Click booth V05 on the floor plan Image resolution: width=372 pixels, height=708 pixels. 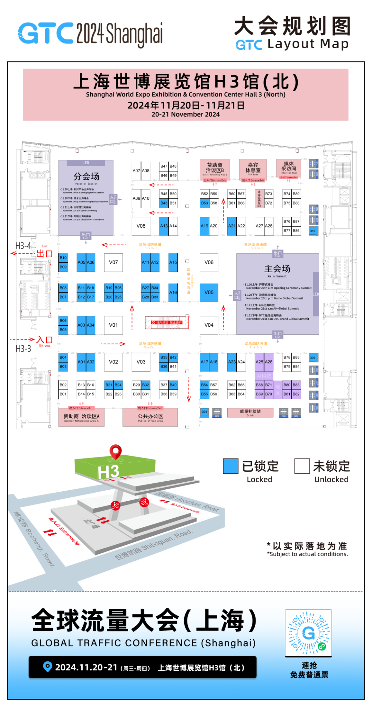coord(209,293)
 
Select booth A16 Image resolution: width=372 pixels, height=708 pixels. coord(173,293)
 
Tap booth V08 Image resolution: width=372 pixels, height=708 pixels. coord(141,226)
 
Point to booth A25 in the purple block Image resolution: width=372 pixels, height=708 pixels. coord(259,362)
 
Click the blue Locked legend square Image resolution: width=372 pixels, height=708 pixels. coord(230,466)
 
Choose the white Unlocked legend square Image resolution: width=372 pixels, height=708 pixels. coord(302,466)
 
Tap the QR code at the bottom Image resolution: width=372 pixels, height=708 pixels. coord(308,633)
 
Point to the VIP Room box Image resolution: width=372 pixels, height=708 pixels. coord(253,168)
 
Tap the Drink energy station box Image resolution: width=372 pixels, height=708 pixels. coord(250,412)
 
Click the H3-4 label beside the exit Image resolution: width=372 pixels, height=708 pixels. coord(23,246)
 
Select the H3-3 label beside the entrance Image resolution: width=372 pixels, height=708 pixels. coord(23,349)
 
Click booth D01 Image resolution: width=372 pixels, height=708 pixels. coord(205,412)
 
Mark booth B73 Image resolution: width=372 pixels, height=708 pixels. coord(269,194)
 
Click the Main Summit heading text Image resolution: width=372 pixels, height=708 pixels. coord(277,269)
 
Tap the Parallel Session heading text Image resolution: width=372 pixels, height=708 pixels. coord(86,177)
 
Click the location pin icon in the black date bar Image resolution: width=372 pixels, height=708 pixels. coord(47,667)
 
